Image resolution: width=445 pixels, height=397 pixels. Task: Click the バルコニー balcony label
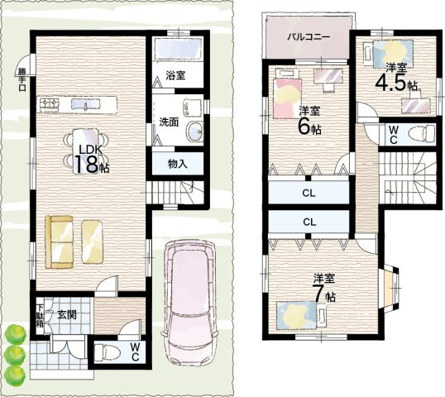tap(309, 37)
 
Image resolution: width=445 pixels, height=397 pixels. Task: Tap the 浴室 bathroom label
tap(175, 75)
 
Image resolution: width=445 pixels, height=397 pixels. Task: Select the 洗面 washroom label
tap(169, 122)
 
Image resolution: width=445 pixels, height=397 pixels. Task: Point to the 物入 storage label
tap(177, 164)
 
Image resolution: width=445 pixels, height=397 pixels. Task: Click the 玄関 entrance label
tap(67, 315)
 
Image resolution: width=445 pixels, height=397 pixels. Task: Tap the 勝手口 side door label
tap(22, 79)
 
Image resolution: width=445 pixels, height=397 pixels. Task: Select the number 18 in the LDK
tap(86, 164)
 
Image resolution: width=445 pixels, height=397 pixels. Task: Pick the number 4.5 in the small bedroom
tap(390, 83)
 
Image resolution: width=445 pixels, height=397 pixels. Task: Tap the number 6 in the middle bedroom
tap(304, 126)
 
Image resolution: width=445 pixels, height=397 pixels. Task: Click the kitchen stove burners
tap(49, 103)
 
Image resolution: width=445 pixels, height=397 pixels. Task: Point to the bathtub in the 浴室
tap(178, 49)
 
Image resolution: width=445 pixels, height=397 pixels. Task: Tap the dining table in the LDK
tap(86, 151)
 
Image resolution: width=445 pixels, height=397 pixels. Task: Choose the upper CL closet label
tap(309, 194)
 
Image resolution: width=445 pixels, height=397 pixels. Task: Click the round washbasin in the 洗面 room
tap(194, 132)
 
